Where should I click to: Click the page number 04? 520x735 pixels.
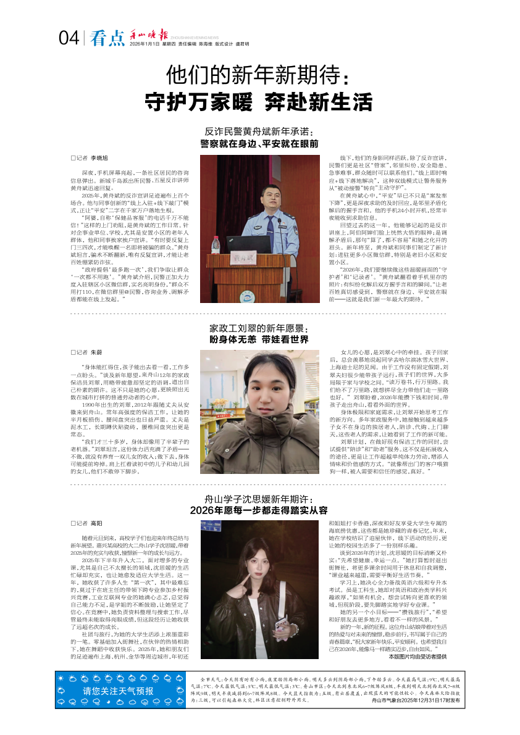pyautogui.click(x=69, y=39)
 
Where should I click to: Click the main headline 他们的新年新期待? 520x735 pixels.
pyautogui.click(x=259, y=76)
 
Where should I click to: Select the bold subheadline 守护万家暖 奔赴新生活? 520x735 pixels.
pyautogui.click(x=259, y=101)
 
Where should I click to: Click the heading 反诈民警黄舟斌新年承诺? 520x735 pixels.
pyautogui.click(x=259, y=132)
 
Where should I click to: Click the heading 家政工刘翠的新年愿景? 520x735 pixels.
pyautogui.click(x=259, y=329)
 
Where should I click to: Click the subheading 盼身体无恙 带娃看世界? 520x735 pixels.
pyautogui.click(x=259, y=340)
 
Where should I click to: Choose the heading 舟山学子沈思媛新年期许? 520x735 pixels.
pyautogui.click(x=259, y=498)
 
